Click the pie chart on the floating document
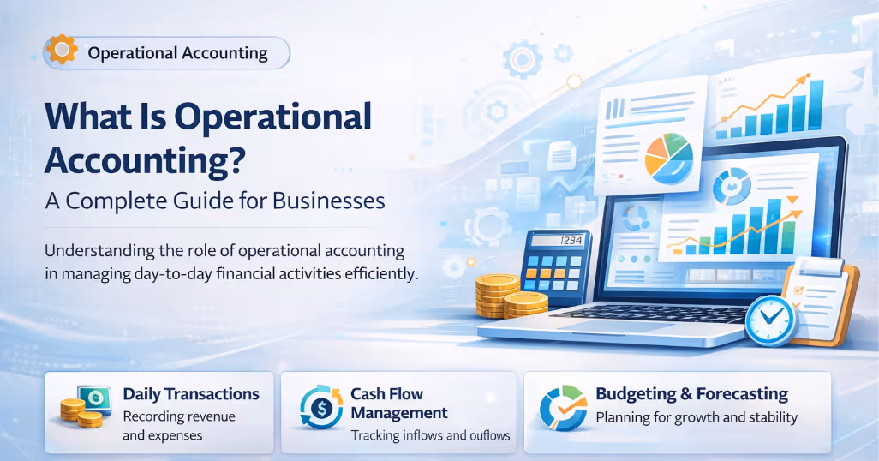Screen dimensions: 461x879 (x=668, y=158)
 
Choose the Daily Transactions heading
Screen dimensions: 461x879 (x=191, y=394)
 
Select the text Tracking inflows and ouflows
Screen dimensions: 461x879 (x=430, y=435)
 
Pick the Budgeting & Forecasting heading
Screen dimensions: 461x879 (x=691, y=394)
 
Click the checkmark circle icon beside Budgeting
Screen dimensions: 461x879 (x=563, y=408)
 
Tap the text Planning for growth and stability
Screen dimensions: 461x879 (x=697, y=418)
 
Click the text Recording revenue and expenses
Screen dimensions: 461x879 (x=178, y=426)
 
